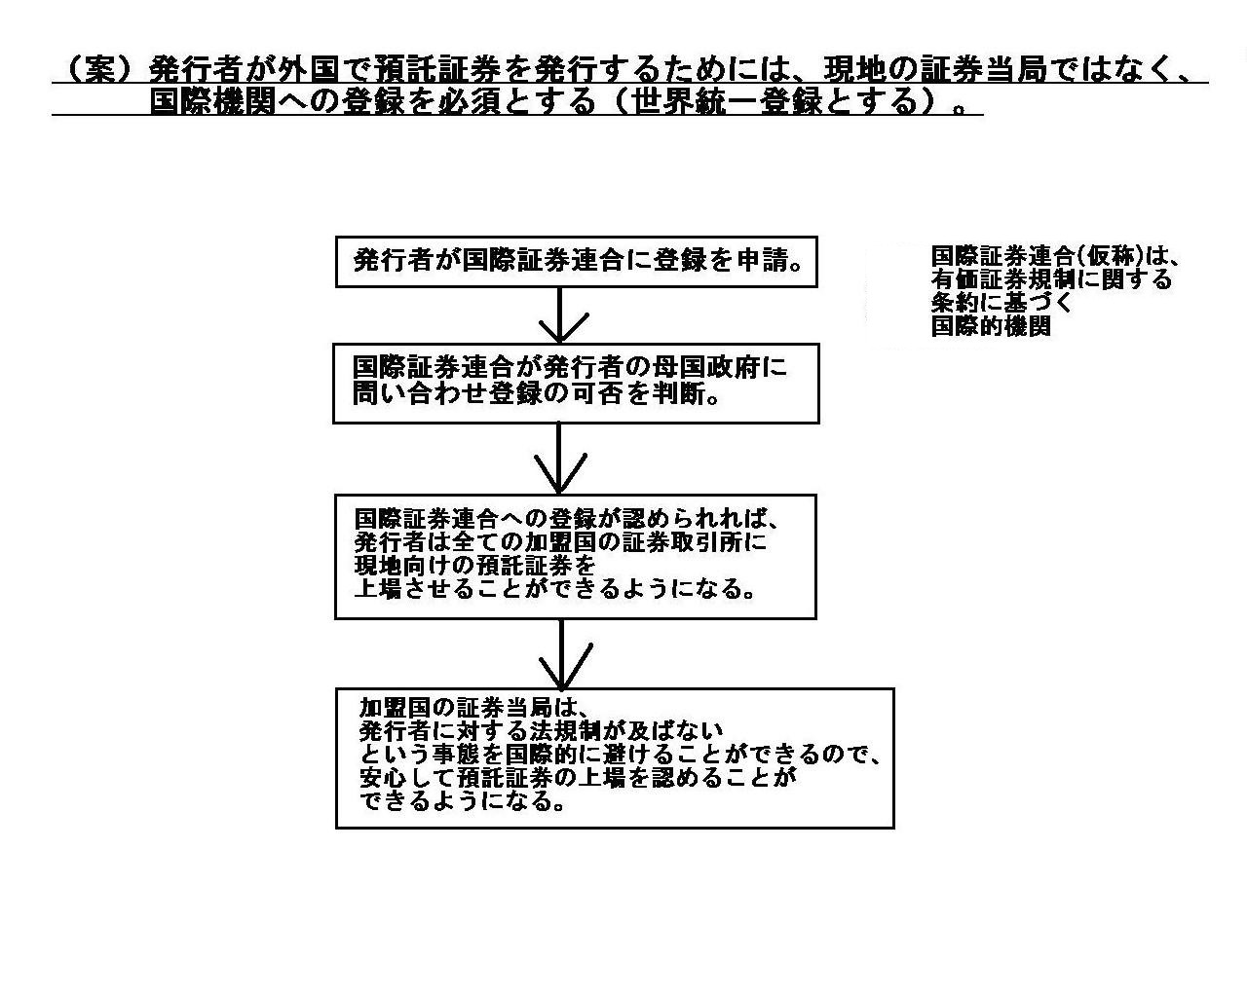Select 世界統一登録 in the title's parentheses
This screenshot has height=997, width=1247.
727,102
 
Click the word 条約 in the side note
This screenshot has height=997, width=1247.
955,303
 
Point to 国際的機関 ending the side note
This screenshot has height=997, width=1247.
991,326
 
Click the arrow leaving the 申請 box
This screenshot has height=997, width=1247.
560,315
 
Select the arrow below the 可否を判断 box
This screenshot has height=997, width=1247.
559,459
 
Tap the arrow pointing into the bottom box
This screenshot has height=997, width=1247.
561,654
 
